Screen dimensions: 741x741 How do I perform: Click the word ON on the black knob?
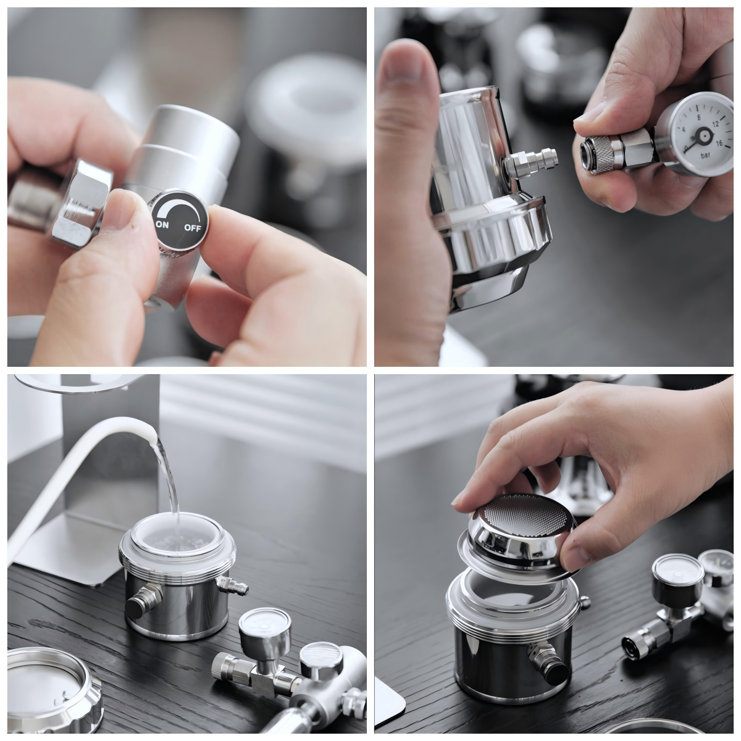tap(162, 225)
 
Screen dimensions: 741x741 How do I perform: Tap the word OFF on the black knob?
tap(192, 227)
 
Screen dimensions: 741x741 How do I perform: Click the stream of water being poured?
tap(168, 475)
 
